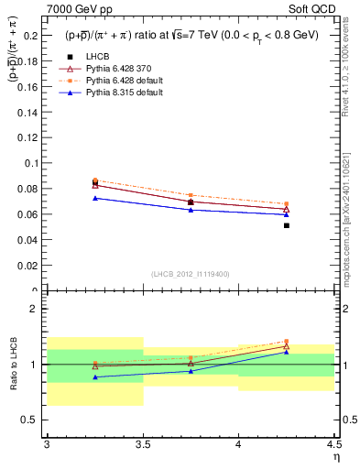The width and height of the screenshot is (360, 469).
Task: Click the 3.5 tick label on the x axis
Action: (x=142, y=444)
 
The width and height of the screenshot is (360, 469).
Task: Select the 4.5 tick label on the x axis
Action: (x=333, y=444)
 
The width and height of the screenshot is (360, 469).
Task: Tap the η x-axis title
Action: (x=335, y=455)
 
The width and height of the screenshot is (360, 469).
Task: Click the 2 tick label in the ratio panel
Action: (x=37, y=310)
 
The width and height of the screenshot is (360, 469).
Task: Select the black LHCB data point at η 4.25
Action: (x=287, y=225)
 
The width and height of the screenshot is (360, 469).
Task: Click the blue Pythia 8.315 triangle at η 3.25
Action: (x=94, y=198)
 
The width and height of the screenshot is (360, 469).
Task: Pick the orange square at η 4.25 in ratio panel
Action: (x=287, y=341)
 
